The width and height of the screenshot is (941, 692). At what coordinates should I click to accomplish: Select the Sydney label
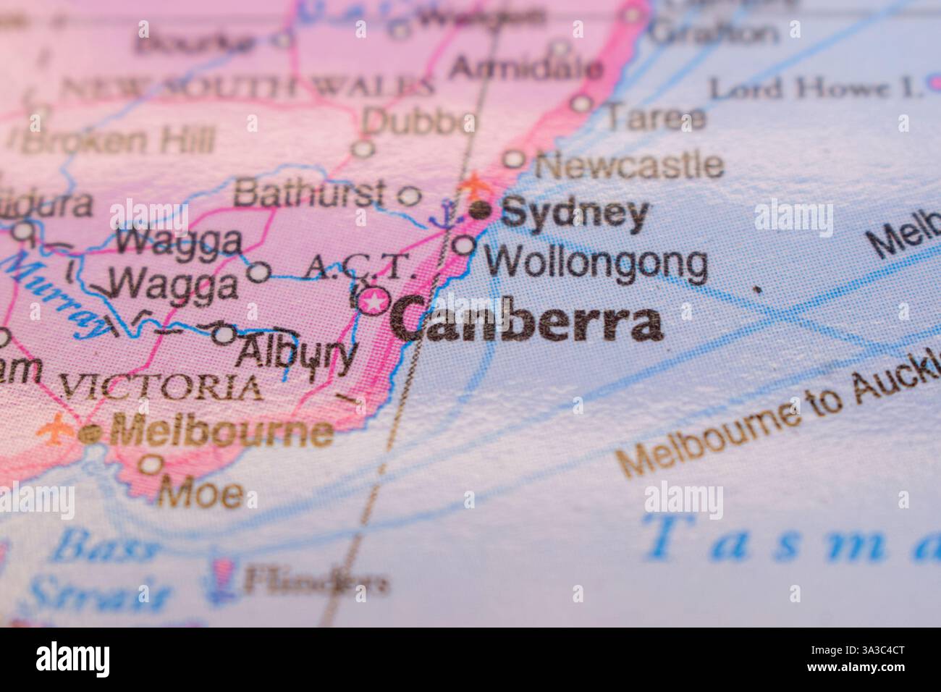[574, 214]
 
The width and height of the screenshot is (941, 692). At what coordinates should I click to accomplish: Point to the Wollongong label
[596, 263]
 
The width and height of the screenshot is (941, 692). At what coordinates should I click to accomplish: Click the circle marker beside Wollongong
[465, 245]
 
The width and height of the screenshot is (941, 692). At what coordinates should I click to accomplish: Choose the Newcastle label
[628, 166]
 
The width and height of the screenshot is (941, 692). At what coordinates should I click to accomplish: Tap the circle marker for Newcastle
[513, 159]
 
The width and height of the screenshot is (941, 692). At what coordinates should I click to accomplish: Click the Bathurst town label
[309, 193]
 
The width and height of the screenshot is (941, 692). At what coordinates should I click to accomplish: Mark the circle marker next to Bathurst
[410, 195]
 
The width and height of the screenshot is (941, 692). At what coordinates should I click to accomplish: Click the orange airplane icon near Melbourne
[56, 429]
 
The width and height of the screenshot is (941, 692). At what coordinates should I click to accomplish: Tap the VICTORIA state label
[160, 387]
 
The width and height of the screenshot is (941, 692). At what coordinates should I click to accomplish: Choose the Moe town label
[201, 494]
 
